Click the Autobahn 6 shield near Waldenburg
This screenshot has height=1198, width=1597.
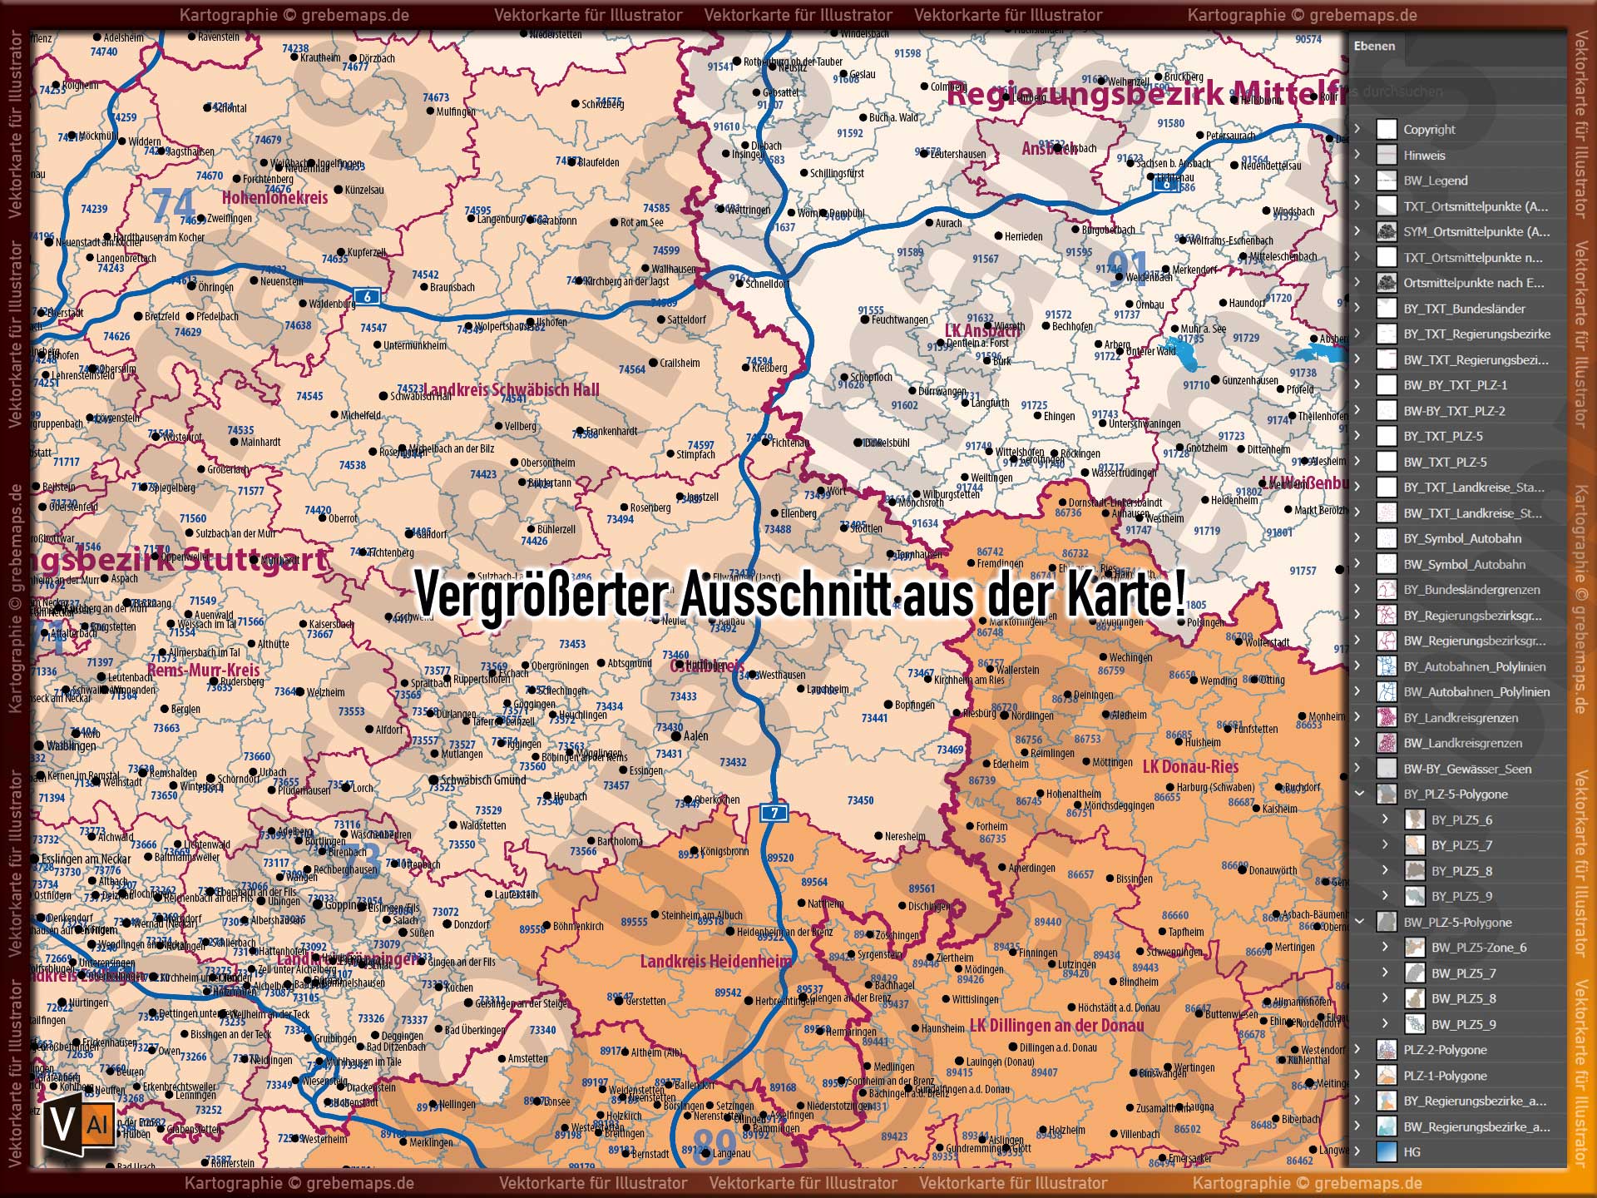[367, 296]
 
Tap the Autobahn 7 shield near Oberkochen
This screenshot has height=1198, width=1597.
[774, 813]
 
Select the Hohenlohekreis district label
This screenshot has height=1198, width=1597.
[274, 198]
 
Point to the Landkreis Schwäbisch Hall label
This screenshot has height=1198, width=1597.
[512, 390]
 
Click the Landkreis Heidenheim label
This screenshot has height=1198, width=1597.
[715, 962]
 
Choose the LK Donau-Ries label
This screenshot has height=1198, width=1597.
[1190, 767]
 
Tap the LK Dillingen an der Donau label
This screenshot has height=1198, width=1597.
[1056, 1026]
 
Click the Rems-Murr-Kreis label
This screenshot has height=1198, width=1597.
[204, 670]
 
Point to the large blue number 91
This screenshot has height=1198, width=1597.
[1128, 268]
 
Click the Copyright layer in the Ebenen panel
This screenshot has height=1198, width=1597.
[1429, 129]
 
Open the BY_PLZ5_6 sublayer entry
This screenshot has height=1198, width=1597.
[1461, 819]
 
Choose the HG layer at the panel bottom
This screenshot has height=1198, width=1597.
[1412, 1152]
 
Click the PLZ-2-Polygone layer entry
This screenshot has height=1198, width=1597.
[1445, 1050]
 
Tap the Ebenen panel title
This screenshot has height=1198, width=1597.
[1374, 46]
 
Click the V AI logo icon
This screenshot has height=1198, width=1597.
[79, 1125]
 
